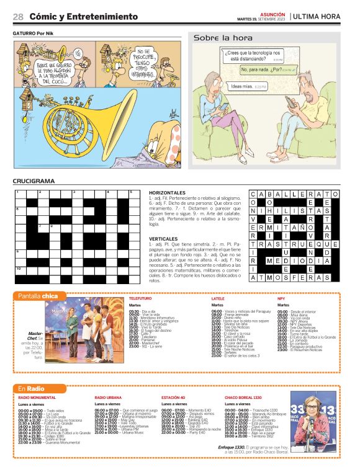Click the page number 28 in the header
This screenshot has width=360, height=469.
(x=18, y=17)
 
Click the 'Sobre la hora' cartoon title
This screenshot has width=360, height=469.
(x=215, y=38)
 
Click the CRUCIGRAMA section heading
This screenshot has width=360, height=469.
(x=33, y=181)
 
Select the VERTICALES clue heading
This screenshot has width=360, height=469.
(x=164, y=238)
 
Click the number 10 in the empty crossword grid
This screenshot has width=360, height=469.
(x=19, y=269)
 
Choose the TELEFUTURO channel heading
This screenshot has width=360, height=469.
(x=140, y=298)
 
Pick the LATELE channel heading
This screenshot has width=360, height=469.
(x=218, y=298)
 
